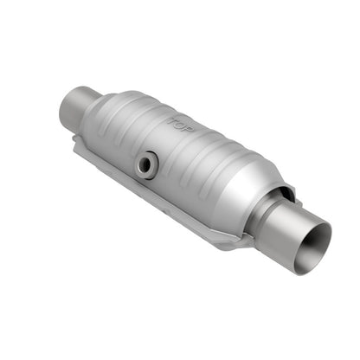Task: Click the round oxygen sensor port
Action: coord(149,164)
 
